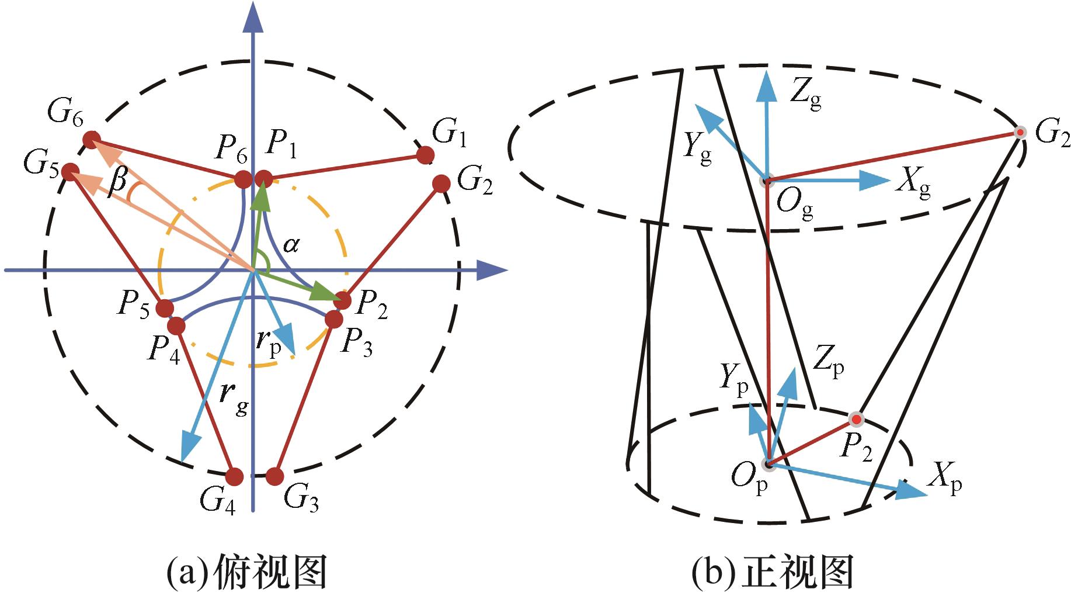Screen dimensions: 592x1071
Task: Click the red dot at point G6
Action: pyautogui.click(x=91, y=140)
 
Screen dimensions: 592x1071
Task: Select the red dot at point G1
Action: pyautogui.click(x=425, y=155)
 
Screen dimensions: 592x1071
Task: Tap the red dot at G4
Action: pyautogui.click(x=234, y=477)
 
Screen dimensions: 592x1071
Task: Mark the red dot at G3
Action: pyautogui.click(x=274, y=477)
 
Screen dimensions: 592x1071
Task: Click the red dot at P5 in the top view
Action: pyautogui.click(x=165, y=308)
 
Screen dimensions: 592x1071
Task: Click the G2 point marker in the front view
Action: pyautogui.click(x=1020, y=133)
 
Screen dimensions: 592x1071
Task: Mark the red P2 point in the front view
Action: pyautogui.click(x=856, y=419)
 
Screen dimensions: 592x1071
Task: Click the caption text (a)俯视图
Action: pyautogui.click(x=246, y=571)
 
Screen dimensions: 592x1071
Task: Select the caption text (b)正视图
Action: pyautogui.click(x=772, y=571)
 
